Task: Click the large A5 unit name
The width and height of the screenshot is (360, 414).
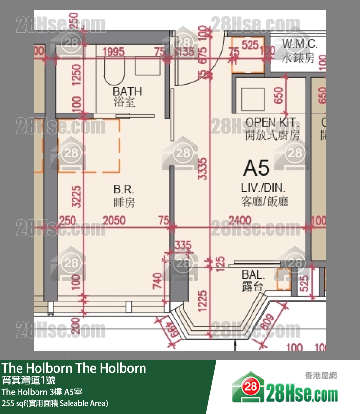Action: click(x=256, y=168)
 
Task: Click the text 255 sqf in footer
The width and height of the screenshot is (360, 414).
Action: click(x=15, y=403)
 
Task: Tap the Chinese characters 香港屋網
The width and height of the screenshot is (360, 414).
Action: click(x=321, y=376)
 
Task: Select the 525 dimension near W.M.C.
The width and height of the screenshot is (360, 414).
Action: click(x=250, y=46)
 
